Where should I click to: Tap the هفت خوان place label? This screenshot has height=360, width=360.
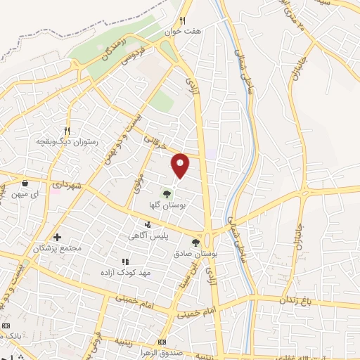[x=188, y=32]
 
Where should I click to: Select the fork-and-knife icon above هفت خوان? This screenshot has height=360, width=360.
[x=183, y=20]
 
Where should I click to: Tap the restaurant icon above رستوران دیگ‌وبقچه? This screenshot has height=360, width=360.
[x=67, y=130]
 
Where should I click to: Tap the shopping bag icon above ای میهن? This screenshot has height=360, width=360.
[x=25, y=179]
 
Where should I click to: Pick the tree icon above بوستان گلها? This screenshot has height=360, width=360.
[x=167, y=193]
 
